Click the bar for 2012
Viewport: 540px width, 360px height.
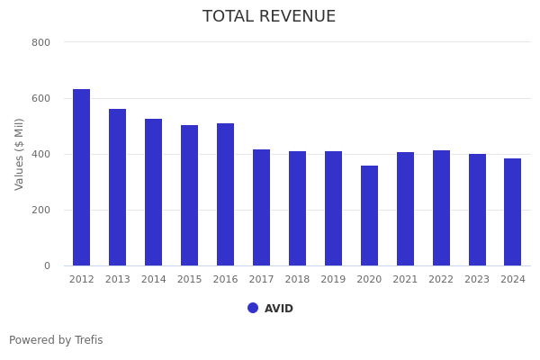coord(82,177)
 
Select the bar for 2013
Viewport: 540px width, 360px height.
coord(118,187)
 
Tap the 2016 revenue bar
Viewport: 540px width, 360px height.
coord(225,194)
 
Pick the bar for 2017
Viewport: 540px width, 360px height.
coord(261,208)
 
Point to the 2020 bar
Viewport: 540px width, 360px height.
coord(369,216)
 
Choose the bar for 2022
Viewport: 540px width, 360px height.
coord(441,208)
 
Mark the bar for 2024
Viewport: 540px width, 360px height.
coord(513,212)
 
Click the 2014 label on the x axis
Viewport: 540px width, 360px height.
coord(154,280)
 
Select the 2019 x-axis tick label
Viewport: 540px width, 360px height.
coord(333,280)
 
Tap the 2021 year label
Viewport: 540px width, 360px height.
coord(405,280)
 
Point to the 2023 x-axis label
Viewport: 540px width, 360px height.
coord(477,280)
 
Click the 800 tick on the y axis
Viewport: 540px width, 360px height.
coord(40,42)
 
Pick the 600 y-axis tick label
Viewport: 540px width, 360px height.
coord(40,98)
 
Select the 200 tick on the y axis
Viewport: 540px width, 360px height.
coord(40,210)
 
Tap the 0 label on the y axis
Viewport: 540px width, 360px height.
coord(46,265)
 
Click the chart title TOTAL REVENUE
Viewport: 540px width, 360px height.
coord(269,17)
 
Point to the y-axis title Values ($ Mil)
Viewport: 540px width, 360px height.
coord(20,154)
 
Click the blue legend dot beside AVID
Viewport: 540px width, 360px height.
coord(253,308)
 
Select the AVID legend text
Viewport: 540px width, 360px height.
coord(279,309)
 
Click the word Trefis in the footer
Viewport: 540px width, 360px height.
coord(88,340)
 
